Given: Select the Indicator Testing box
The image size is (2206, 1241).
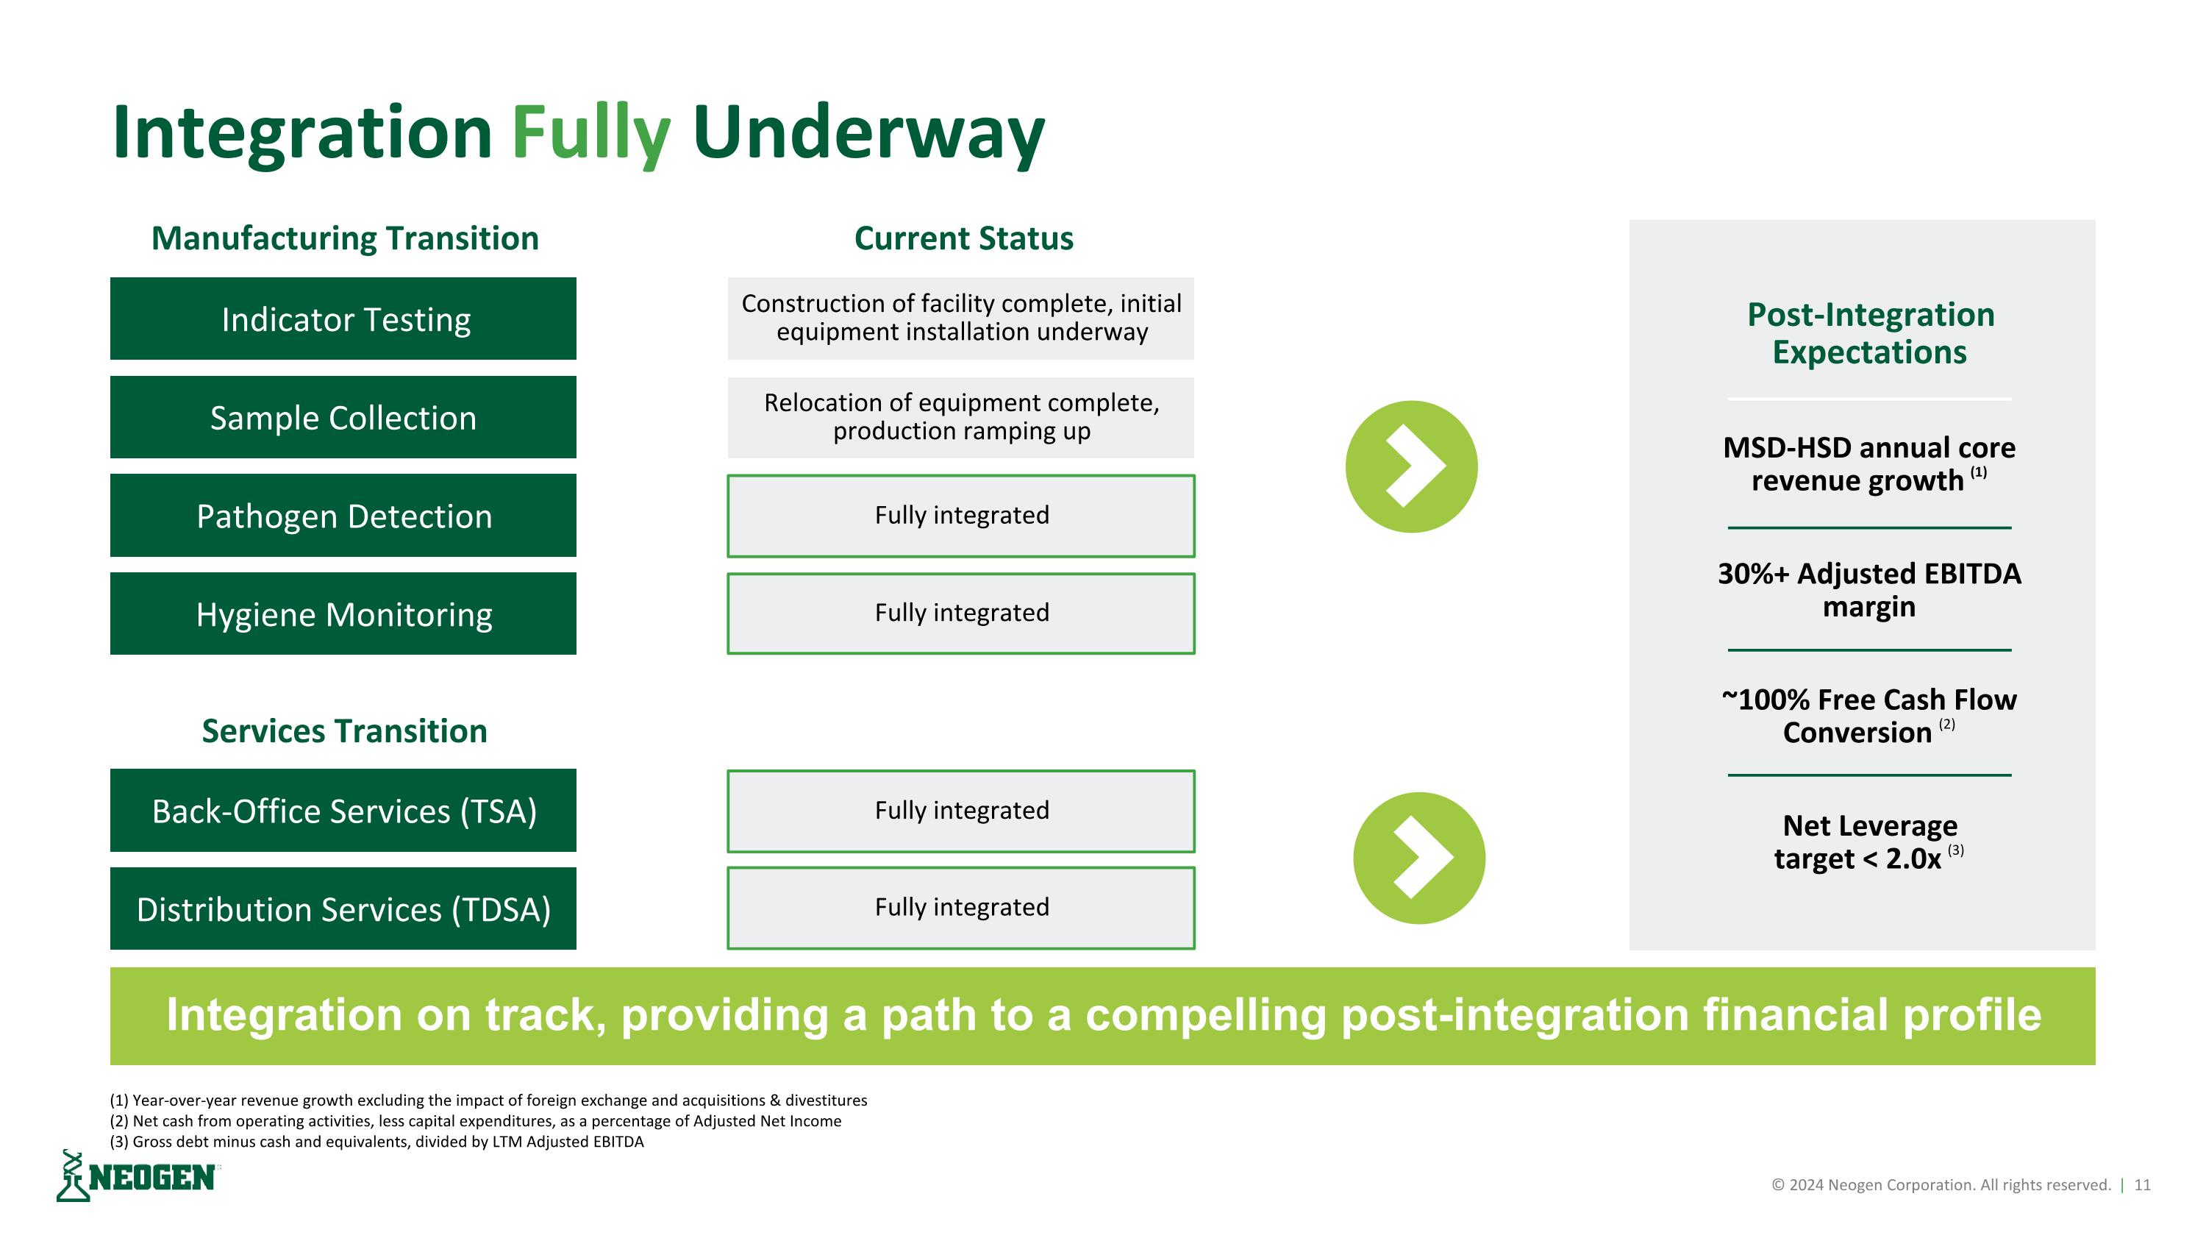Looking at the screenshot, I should (x=343, y=319).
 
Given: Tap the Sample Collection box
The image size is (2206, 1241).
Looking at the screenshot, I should (x=343, y=417).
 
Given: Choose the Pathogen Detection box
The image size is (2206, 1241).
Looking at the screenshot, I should (x=343, y=516).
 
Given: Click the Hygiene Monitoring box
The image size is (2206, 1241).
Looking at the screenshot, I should (x=343, y=614).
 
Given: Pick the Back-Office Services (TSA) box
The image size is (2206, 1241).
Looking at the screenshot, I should (x=343, y=810).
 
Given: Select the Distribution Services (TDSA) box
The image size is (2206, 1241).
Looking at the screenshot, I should (x=343, y=908).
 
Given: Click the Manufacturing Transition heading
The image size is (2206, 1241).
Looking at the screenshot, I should (x=344, y=238).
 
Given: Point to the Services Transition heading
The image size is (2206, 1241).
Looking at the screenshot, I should (x=344, y=730).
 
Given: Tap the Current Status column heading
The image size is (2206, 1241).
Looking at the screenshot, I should (x=963, y=238).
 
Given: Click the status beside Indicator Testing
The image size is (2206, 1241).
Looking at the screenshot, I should (x=960, y=318).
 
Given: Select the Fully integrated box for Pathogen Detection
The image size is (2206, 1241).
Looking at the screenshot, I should (x=960, y=516).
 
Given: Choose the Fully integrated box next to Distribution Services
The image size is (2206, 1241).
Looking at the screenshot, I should (x=960, y=908).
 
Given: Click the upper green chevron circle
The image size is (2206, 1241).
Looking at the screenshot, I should (x=1410, y=467).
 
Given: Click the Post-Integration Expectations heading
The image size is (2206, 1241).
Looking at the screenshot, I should (x=1869, y=333).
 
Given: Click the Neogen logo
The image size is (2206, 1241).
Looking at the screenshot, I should (x=137, y=1177).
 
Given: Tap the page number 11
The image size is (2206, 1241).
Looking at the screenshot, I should (x=2142, y=1184).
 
